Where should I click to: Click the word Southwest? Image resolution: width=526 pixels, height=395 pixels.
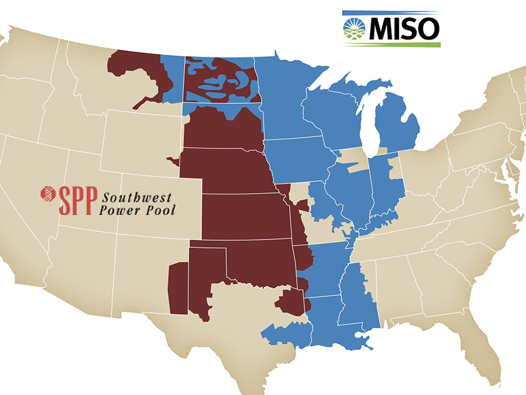[138, 196]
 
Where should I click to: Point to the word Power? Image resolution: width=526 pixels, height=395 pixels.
[118, 209]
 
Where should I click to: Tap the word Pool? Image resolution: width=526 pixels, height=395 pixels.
[157, 209]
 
